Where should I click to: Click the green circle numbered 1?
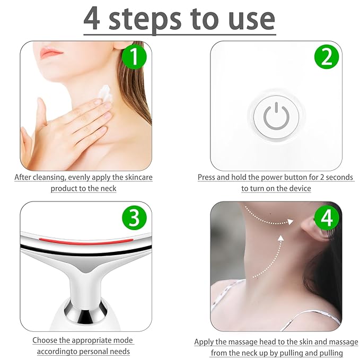[134, 57]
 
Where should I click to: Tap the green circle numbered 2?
[327, 57]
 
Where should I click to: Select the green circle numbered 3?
[134, 218]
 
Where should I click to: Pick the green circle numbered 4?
[327, 218]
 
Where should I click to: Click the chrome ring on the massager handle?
[85, 309]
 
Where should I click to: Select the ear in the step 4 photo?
[309, 231]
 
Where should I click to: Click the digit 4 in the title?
[93, 19]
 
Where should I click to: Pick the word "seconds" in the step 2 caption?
[338, 177]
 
